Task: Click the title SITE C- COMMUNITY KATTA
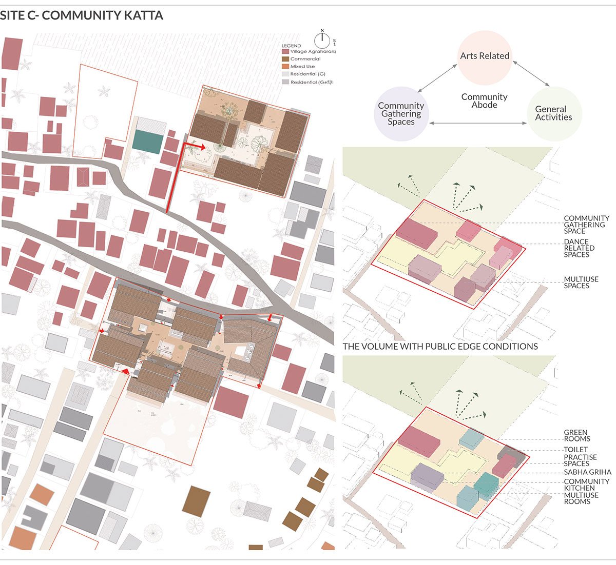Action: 82,15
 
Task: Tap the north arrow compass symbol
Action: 322,39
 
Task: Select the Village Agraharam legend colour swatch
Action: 285,51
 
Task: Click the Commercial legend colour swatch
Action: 285,59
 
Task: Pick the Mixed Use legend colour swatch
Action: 285,67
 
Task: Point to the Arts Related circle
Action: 485,56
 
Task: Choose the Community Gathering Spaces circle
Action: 401,114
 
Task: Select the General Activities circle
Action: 554,113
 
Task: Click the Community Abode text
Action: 484,100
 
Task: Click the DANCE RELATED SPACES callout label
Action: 579,248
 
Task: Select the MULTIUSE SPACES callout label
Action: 581,282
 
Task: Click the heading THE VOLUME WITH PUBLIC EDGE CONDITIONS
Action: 440,347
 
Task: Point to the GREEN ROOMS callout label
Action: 577,436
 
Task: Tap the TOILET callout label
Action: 575,450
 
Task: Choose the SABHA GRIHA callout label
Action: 587,472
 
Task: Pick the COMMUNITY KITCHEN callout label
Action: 586,485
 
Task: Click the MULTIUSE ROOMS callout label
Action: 581,498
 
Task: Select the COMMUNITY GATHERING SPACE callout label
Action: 586,225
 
